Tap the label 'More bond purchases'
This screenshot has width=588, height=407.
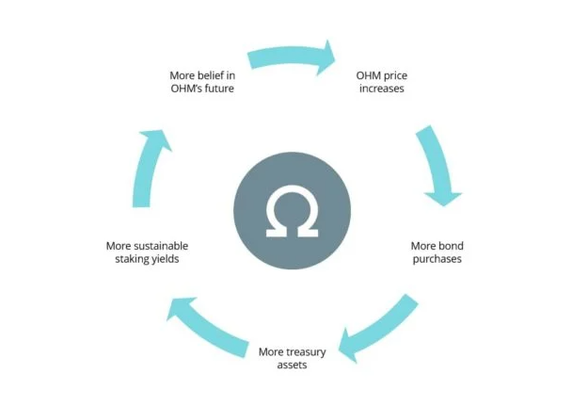tap(436, 252)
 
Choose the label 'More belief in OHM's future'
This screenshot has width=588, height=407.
tap(201, 81)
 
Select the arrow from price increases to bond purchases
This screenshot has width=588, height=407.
tap(435, 166)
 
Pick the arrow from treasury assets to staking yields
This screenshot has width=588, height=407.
tap(206, 320)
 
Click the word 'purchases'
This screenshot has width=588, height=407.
tap(436, 259)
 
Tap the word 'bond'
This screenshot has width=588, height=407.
tap(447, 246)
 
